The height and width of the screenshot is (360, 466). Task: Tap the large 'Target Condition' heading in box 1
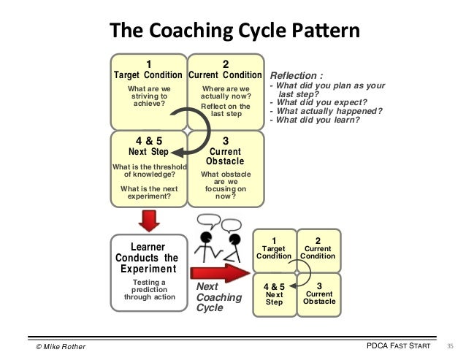coord(149,75)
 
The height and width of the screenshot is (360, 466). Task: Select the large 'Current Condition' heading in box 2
coord(225,75)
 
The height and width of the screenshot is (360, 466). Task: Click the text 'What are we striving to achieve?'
coord(149,97)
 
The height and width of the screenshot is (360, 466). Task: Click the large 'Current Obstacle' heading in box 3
coord(225,156)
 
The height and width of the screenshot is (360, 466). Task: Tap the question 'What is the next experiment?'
coord(149,194)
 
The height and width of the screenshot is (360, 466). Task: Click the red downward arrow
coord(149,218)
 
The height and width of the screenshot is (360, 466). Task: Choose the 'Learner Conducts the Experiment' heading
coord(149,258)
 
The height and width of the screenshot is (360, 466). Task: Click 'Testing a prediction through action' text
coord(149,290)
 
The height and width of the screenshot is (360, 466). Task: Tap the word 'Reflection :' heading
coord(297,75)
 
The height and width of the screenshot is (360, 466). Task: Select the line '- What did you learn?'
coord(315,120)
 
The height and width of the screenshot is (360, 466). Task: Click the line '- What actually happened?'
coord(326,111)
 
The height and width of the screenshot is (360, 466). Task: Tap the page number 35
coord(449,345)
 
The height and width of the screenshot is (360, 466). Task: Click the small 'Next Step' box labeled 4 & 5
coord(274,294)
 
